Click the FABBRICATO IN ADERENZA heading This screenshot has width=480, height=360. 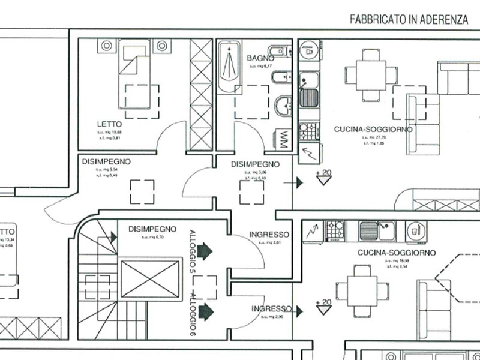coord(409,20)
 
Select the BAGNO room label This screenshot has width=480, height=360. coord(260,58)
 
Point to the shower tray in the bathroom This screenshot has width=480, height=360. coord(228,66)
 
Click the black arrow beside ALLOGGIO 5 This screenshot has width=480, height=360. coord(205,250)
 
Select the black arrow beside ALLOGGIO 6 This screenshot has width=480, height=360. coord(205,311)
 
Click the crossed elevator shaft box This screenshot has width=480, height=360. coord(151,279)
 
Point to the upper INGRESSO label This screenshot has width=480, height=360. coord(269,235)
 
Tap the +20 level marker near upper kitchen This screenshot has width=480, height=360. coord(323,176)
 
